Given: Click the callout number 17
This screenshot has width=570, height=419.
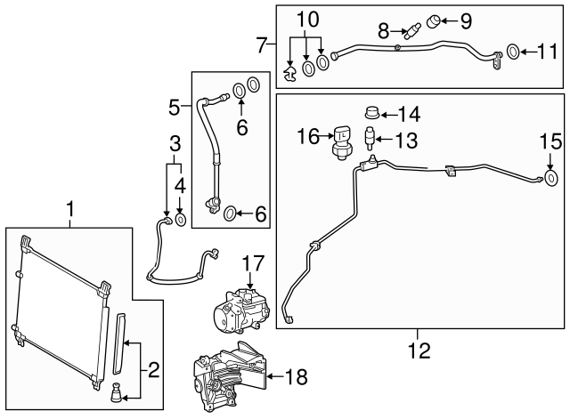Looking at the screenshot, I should click(x=254, y=263).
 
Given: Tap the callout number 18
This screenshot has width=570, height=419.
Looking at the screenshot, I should click(x=296, y=377).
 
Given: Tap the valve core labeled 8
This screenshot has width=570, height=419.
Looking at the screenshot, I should click(x=410, y=33).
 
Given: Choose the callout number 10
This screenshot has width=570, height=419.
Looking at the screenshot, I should click(x=306, y=18).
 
